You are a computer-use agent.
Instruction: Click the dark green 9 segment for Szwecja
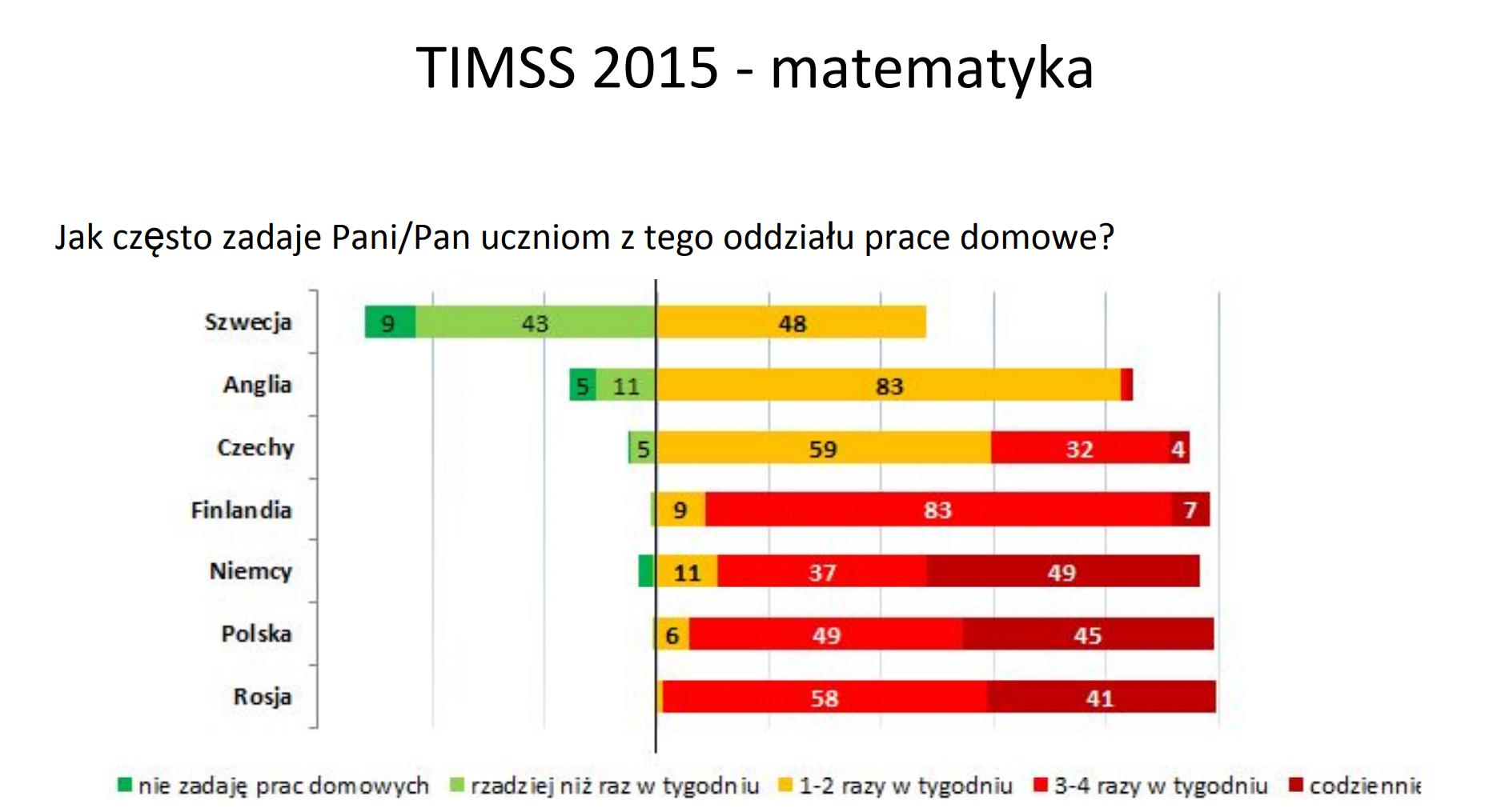[390, 322]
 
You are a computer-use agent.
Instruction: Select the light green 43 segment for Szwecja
[536, 322]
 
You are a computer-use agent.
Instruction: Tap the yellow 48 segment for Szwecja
[791, 322]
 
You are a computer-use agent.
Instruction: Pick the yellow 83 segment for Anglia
[889, 385]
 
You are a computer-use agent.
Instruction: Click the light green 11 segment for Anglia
[626, 385]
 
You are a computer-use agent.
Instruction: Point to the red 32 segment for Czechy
[1080, 447]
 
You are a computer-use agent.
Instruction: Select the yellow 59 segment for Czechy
[823, 447]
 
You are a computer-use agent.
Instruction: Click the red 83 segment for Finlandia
[938, 510]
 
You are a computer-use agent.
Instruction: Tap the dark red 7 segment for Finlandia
[1190, 510]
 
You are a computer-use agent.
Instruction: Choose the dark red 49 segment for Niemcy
[1063, 571]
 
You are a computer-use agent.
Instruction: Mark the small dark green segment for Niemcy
[647, 571]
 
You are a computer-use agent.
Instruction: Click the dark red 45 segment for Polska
[1088, 634]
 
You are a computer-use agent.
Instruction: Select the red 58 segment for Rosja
[825, 696]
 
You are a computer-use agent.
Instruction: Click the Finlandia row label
[241, 510]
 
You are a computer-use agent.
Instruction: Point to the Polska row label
[256, 634]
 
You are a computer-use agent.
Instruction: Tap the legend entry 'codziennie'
[1354, 786]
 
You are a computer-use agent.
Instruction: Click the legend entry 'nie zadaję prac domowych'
[273, 786]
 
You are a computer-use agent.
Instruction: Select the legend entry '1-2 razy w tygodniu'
[896, 786]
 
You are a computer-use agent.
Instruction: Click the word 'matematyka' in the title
[932, 68]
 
